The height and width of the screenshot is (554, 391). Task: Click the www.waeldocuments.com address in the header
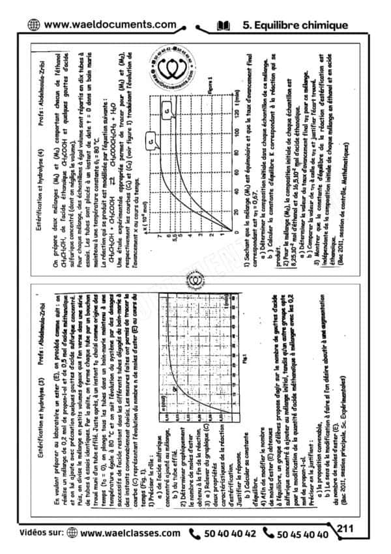[x=111, y=25]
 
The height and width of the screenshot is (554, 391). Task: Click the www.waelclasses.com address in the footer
[x=130, y=532]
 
